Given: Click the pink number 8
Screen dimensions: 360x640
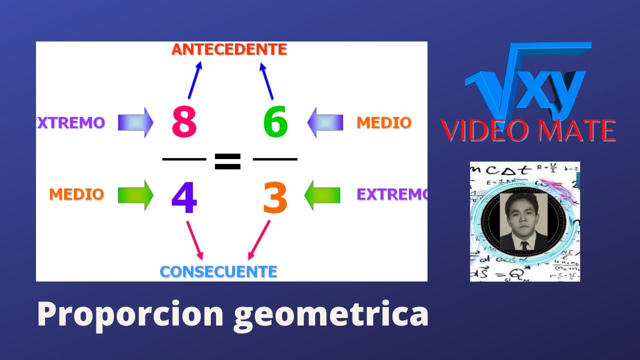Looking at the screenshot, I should click(184, 122).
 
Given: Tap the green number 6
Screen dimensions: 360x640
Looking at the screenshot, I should click(275, 122).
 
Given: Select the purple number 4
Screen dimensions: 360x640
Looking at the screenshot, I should click(184, 198).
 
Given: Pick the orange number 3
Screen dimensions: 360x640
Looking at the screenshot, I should click(275, 198).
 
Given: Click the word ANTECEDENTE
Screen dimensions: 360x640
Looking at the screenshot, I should click(229, 49).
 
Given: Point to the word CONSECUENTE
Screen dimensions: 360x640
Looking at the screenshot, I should click(218, 272).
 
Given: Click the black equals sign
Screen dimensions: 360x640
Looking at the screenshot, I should click(227, 160).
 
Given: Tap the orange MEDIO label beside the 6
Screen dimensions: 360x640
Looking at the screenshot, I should click(384, 122).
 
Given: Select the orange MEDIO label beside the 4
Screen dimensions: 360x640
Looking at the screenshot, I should click(76, 194).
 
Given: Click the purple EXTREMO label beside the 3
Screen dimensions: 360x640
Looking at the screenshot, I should click(391, 194).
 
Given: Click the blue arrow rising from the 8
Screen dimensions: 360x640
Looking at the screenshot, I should click(194, 80).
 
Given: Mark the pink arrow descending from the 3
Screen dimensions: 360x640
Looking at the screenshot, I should click(259, 240).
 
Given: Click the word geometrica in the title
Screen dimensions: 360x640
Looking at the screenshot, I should click(331, 314).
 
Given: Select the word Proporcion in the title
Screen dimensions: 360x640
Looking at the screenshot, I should click(130, 314).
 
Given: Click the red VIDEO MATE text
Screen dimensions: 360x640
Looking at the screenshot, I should click(528, 130).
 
